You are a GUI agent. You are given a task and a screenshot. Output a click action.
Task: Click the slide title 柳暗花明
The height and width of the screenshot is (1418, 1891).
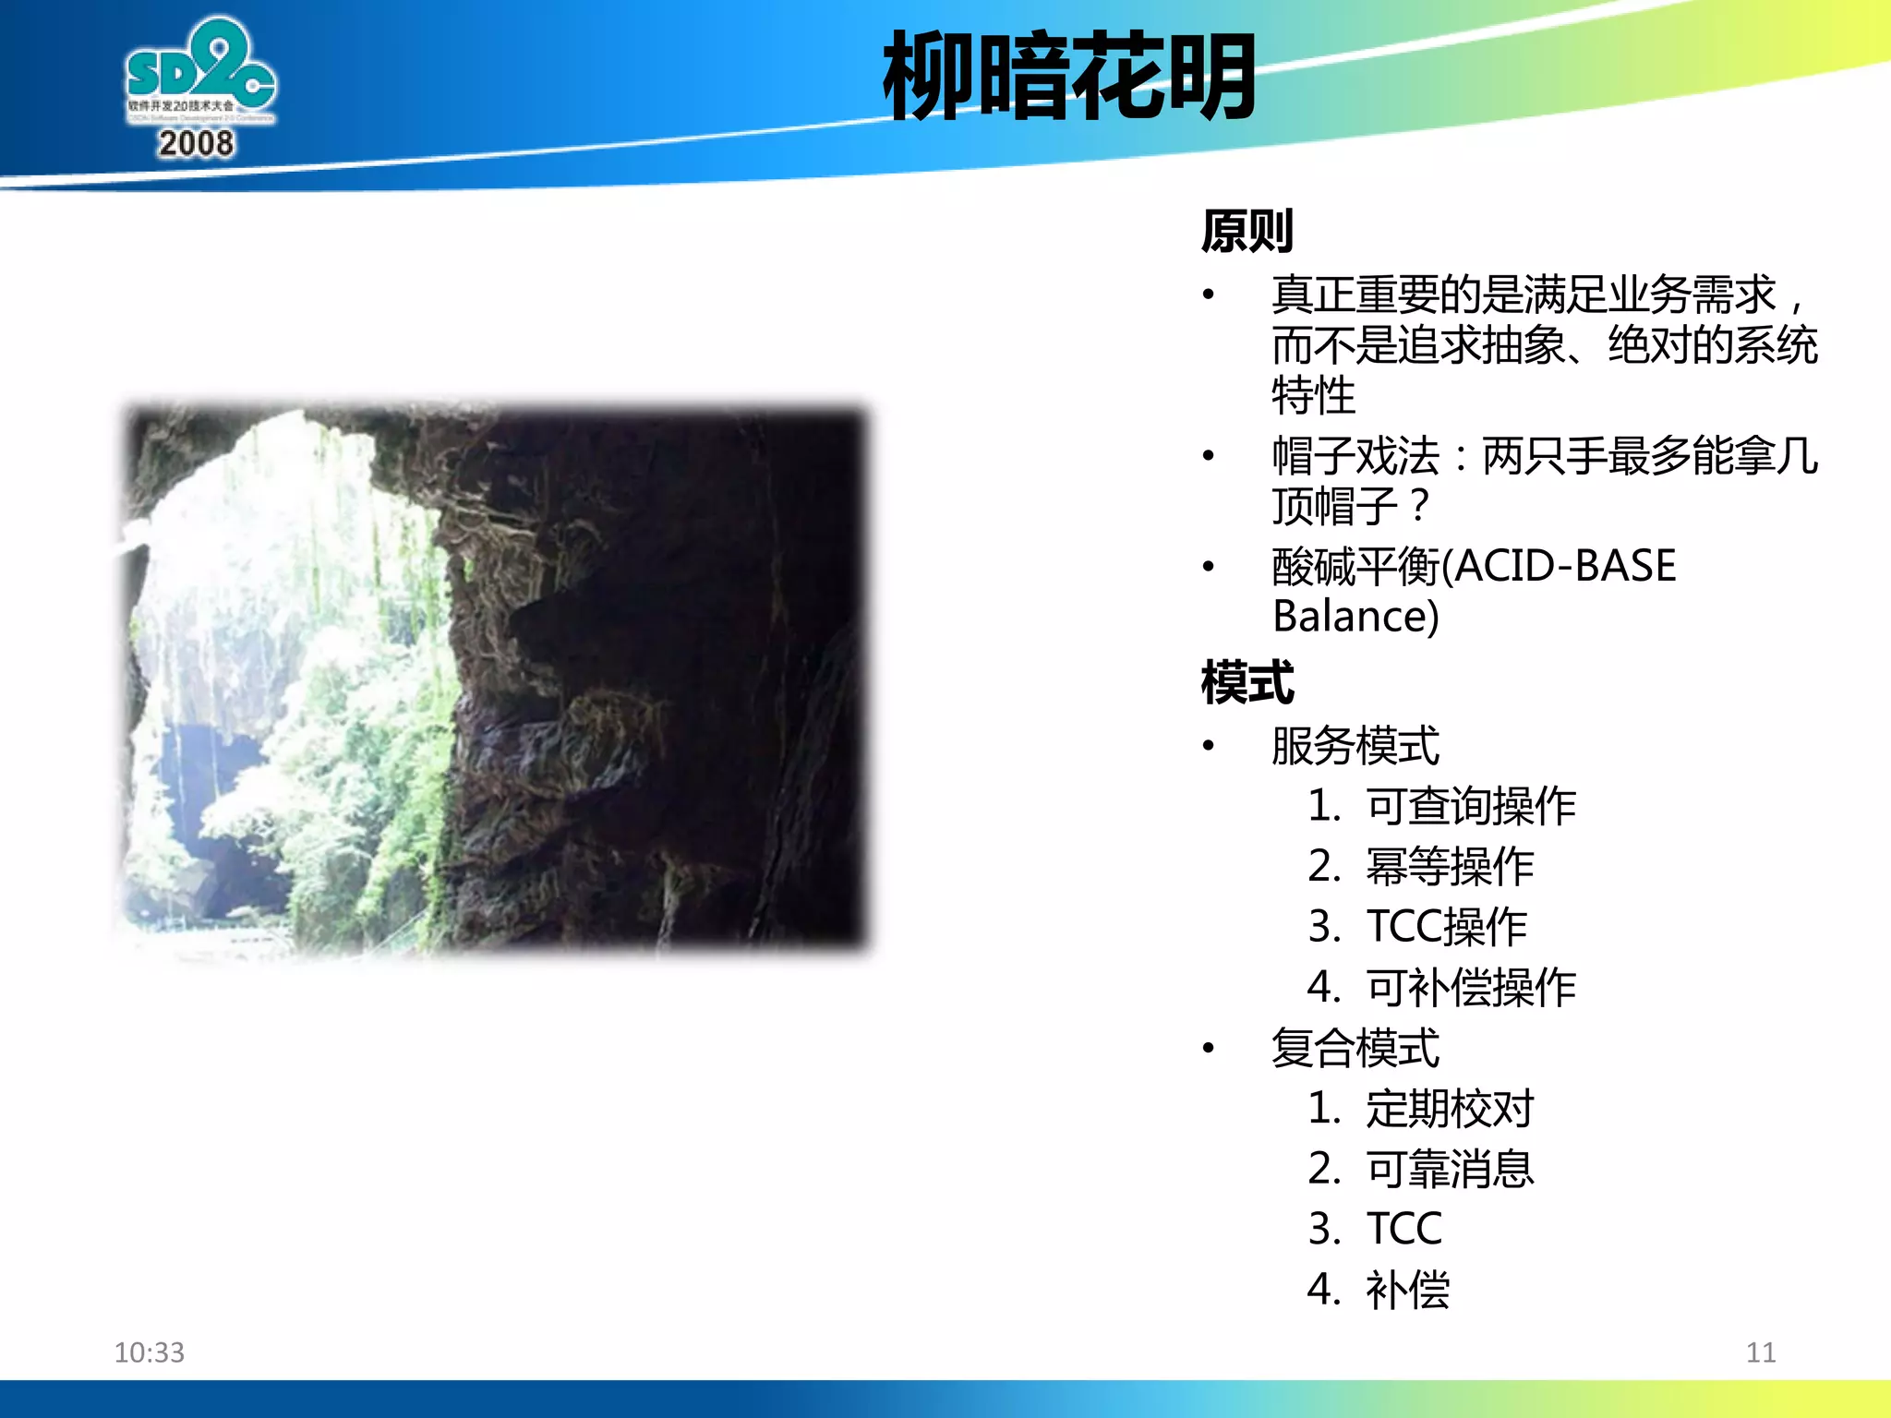(1068, 76)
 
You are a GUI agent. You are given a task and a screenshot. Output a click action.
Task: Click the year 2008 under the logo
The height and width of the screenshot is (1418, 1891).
(196, 144)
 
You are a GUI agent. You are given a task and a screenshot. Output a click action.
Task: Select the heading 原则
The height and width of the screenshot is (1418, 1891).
(1247, 231)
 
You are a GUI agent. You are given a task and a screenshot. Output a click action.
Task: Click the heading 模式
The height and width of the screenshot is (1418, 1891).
(1247, 683)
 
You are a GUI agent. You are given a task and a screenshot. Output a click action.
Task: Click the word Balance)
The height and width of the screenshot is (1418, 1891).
(1355, 617)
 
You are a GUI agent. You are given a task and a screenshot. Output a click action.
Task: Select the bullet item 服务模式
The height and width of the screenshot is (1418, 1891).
(1355, 746)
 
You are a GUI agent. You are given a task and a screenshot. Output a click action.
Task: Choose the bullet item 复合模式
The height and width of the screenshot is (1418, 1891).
(1355, 1049)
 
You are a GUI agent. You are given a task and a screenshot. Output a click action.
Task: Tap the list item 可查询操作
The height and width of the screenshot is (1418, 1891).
(1471, 806)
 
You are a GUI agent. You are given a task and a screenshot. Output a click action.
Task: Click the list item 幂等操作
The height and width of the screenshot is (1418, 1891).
(1450, 867)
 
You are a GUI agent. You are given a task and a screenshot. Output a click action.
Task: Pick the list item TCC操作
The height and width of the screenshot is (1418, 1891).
(1447, 927)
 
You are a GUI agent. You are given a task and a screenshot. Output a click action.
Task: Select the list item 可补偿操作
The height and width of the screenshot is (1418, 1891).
(1471, 988)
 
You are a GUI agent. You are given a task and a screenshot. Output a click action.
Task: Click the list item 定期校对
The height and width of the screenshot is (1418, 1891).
(1450, 1109)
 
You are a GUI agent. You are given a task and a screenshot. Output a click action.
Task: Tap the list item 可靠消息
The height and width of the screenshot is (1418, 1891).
(1450, 1170)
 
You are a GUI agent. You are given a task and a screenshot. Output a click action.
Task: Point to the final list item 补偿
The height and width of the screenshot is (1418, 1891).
(1407, 1290)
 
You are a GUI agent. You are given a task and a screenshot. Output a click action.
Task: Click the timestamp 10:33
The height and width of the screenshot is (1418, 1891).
(149, 1352)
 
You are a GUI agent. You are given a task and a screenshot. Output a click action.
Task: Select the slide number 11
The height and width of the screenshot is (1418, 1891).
(1760, 1352)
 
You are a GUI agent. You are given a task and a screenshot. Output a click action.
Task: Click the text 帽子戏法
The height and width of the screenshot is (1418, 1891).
(1355, 456)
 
